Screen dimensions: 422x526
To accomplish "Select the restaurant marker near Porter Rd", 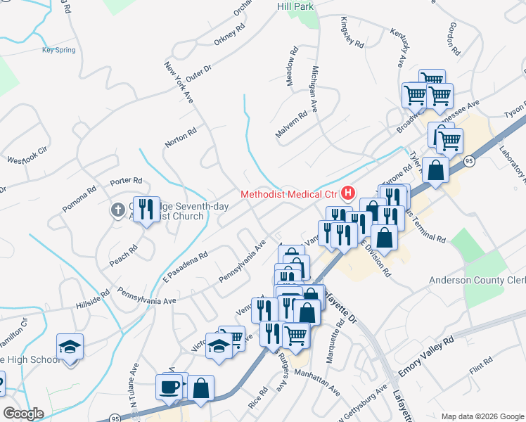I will [x=146, y=210].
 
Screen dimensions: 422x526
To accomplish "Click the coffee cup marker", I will [x=169, y=388].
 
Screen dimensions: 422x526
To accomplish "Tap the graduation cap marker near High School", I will [x=70, y=347].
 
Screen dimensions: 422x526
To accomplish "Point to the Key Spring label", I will [x=58, y=50].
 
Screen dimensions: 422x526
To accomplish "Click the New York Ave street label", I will [x=179, y=84].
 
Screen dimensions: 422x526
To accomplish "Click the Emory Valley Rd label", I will [x=426, y=364].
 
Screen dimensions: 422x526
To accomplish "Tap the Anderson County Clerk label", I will [x=477, y=281].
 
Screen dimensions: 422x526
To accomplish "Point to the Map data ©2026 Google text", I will [x=482, y=416].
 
